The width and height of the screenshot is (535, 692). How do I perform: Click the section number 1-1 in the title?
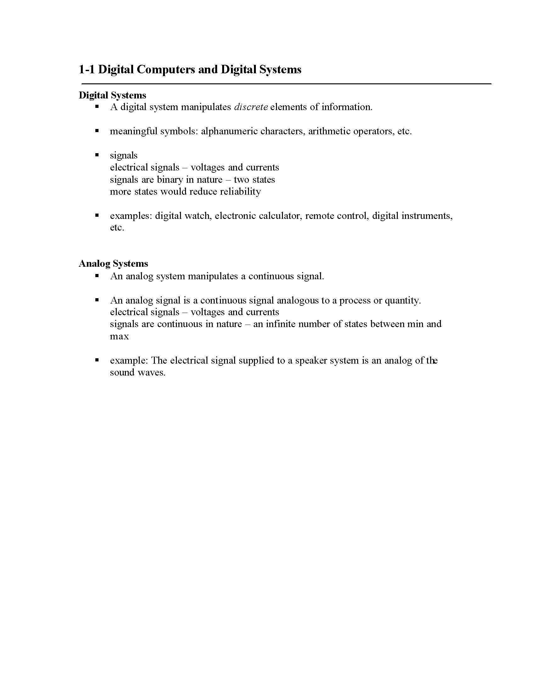click(87, 70)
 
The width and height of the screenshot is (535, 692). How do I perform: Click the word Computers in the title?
click(166, 70)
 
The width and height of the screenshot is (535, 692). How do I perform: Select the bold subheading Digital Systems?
click(113, 95)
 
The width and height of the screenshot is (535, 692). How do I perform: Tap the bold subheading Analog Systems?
click(114, 263)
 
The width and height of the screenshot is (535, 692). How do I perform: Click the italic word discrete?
click(251, 107)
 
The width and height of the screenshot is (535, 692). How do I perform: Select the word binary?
click(170, 180)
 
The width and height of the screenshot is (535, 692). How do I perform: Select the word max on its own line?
click(119, 336)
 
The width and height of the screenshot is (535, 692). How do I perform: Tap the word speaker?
click(311, 360)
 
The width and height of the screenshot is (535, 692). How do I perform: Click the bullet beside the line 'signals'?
click(97, 155)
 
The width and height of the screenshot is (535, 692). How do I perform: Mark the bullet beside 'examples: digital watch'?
click(97, 215)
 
